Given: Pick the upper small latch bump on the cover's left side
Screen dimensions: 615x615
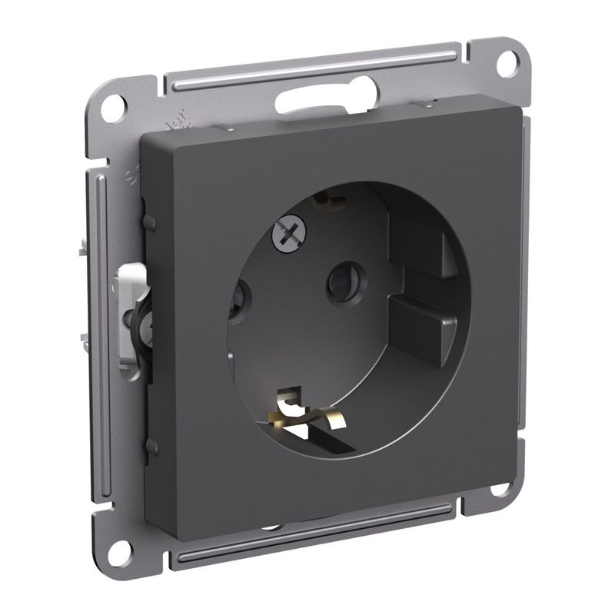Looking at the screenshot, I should [150, 223].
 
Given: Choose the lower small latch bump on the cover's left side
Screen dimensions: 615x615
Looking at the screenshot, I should [152, 445].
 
